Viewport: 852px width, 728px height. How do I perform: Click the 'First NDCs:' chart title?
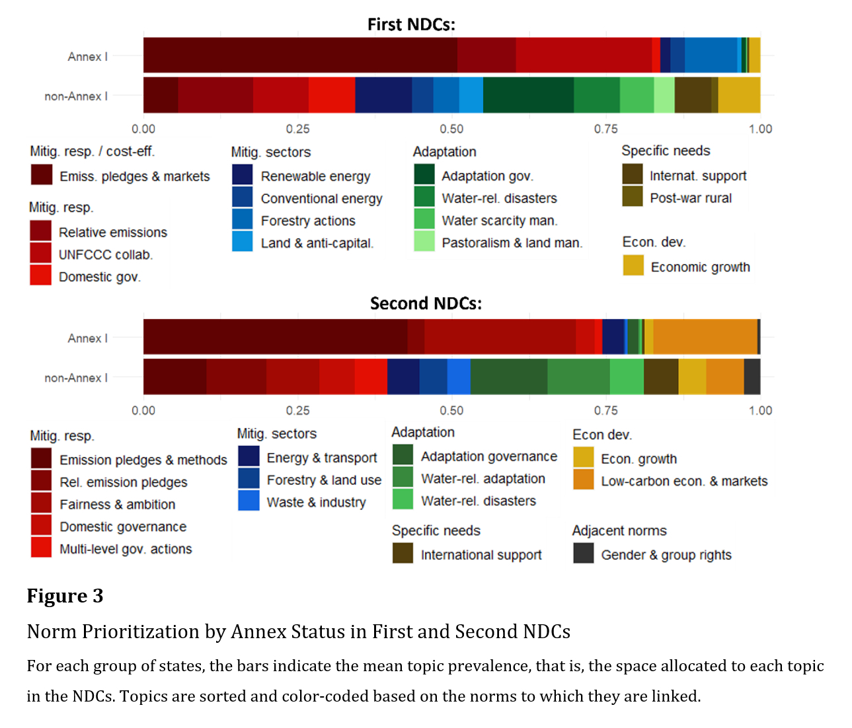pos(411,24)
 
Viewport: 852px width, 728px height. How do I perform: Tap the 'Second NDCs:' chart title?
pos(426,303)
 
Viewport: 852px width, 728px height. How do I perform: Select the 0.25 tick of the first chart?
pos(297,129)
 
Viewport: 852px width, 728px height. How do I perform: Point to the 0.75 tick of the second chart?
pos(605,410)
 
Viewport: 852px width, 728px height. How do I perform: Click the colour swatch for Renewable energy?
pos(243,175)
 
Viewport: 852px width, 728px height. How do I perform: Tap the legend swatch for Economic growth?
pos(633,266)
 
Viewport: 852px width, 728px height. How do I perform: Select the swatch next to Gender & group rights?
pos(583,554)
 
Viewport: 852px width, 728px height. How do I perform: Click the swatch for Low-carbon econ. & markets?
pos(583,480)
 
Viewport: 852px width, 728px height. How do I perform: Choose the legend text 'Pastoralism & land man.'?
pos(512,243)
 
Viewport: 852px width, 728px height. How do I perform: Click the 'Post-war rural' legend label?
pos(691,198)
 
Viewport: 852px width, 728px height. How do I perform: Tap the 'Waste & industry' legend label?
pos(316,503)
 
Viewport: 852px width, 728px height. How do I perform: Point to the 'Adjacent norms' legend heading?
pos(619,530)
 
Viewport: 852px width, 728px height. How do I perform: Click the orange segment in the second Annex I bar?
pos(705,337)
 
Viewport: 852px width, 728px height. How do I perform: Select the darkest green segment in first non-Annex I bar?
pos(528,95)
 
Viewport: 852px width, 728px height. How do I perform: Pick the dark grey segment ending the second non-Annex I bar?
pos(752,377)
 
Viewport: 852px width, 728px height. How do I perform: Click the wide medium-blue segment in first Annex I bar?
pos(711,55)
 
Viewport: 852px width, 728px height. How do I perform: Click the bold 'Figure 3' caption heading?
pos(65,596)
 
